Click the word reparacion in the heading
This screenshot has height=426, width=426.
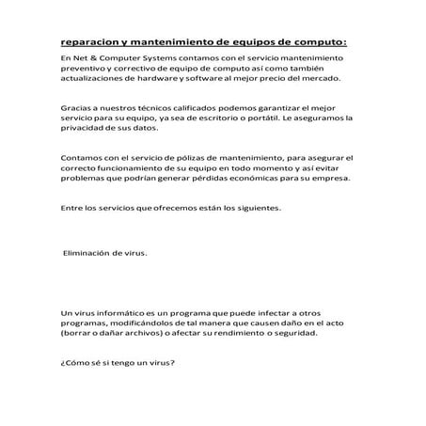[85, 41]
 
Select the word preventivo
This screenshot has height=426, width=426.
[80, 70]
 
